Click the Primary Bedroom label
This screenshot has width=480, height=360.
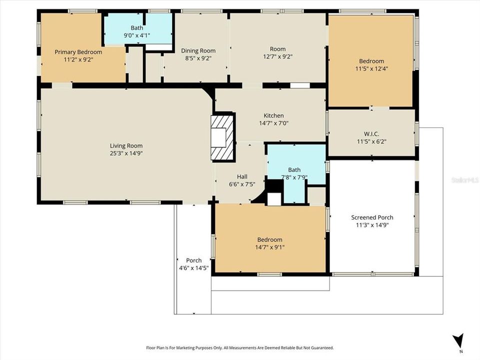78,52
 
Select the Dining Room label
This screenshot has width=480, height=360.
198,50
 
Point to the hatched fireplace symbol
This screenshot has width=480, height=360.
222,137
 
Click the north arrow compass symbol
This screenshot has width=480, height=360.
458,341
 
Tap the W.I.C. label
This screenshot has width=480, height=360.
371,133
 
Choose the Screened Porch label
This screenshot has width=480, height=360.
372,217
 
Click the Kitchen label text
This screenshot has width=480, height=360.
273,115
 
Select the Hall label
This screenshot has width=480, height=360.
242,176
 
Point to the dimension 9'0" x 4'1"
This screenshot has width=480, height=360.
136,35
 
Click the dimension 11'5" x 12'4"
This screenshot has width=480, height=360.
371,68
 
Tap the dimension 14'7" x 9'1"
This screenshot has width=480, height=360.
269,247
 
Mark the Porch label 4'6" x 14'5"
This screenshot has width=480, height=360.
193,264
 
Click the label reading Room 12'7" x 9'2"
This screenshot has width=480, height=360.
277,52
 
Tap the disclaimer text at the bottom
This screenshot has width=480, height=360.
239,347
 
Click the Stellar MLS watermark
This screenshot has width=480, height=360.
465,178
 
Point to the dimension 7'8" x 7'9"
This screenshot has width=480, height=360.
294,177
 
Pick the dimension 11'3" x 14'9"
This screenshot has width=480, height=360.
372,225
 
